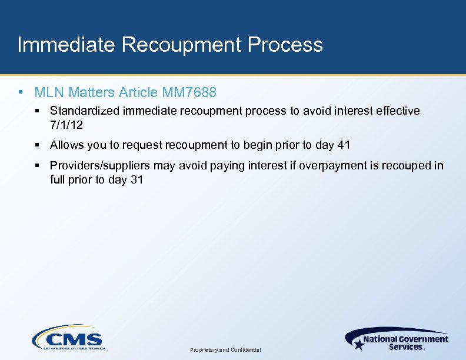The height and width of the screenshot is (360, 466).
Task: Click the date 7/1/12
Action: (66, 124)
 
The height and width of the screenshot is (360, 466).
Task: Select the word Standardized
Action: (85, 111)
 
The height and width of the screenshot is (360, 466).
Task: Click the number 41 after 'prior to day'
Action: (344, 145)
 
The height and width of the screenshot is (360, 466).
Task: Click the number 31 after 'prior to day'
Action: (137, 179)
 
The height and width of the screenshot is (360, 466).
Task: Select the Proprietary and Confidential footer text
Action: (225, 350)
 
